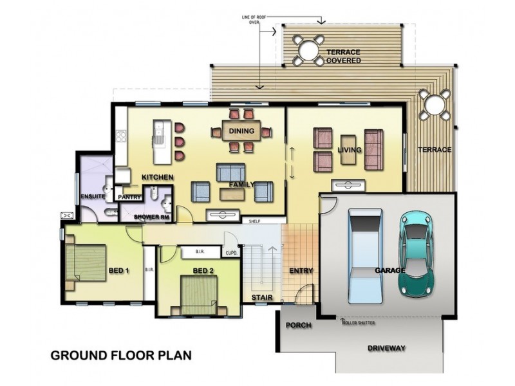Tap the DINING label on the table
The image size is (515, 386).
(241, 131)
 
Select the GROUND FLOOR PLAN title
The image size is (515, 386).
(121, 356)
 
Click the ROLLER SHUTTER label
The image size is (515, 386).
(359, 323)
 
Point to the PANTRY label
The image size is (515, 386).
(129, 198)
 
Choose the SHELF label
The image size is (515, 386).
(254, 221)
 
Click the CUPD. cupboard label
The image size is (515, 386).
(232, 253)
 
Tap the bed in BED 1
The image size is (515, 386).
(86, 262)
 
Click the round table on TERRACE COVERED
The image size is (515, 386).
(309, 51)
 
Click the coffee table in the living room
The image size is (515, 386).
(348, 149)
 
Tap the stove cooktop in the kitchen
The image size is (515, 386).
(121, 136)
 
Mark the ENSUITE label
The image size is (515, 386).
(93, 197)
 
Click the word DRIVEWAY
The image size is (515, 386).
(386, 348)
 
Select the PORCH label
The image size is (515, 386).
(299, 326)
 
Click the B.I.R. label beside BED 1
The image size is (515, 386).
(149, 270)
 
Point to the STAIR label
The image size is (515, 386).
(262, 297)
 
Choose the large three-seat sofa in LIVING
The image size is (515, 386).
(374, 149)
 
